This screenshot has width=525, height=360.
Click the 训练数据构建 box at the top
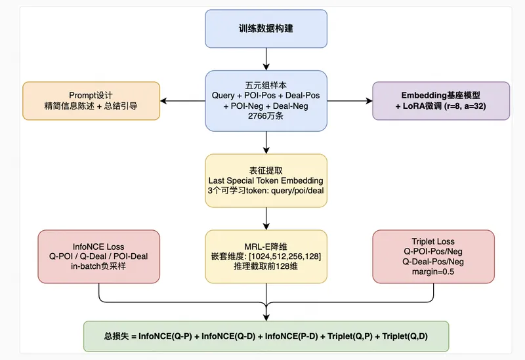coord(266,29)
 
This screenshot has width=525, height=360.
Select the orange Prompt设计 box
coord(91,101)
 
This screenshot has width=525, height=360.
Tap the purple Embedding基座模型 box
coord(441,101)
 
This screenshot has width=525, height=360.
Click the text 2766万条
coord(266,116)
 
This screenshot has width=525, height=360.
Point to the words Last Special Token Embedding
coord(266,181)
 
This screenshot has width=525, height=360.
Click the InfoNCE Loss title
coord(98,247)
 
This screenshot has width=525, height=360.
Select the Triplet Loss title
coord(433,241)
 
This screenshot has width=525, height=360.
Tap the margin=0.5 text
coord(433,271)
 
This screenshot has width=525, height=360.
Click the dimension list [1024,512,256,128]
coord(285,256)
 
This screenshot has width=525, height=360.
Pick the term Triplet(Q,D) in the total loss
coord(405,336)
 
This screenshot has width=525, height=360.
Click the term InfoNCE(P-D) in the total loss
coord(291,336)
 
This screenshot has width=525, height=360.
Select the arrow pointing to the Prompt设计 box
coord(183,101)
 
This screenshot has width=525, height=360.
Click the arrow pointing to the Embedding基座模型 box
coord(350,101)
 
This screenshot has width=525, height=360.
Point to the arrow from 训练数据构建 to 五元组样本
coord(266,59)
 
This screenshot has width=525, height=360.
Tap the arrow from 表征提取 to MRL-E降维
coord(266,219)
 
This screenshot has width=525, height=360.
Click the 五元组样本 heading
coord(266,85)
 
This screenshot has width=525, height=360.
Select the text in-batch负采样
coord(98,266)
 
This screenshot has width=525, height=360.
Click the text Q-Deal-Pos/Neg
coord(433,262)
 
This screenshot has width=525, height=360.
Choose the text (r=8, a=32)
coord(465,106)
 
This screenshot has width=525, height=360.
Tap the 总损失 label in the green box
coord(116,336)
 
